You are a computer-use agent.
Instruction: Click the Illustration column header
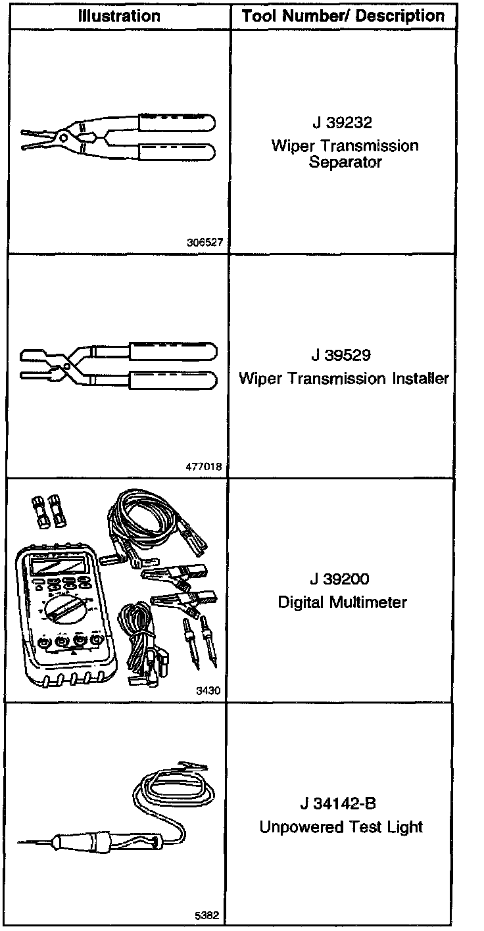click(x=119, y=16)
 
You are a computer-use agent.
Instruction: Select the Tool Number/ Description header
click(x=343, y=16)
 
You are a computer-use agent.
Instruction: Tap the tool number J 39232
click(x=344, y=123)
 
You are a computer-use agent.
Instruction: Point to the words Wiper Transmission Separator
click(x=345, y=154)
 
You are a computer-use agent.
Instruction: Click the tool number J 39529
click(x=341, y=356)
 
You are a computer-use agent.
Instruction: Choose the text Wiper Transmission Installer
click(x=344, y=379)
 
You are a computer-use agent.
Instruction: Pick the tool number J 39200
click(x=341, y=579)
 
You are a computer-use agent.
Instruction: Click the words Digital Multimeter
click(x=342, y=602)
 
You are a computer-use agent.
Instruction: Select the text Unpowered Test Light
click(x=341, y=827)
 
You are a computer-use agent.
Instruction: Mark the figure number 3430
click(x=210, y=691)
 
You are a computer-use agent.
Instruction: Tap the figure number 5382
click(x=207, y=915)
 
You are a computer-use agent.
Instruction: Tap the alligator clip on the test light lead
click(x=195, y=767)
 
